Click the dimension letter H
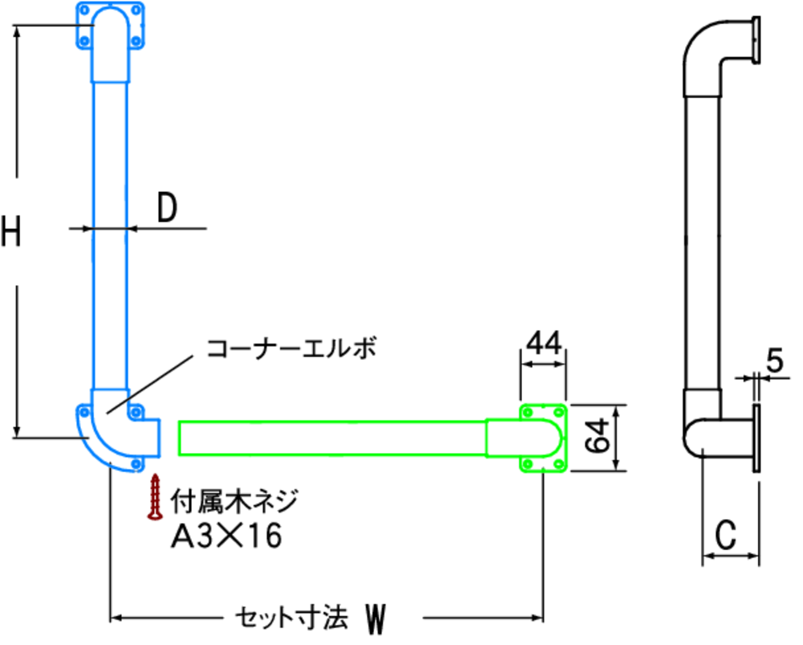click(x=10, y=231)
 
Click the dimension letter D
click(x=167, y=207)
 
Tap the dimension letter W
click(x=375, y=618)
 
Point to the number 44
click(x=544, y=342)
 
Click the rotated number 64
click(x=597, y=435)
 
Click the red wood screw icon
click(x=155, y=496)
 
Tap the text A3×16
click(x=226, y=536)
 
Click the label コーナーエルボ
click(x=291, y=348)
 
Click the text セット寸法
click(x=291, y=618)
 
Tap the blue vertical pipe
click(x=109, y=235)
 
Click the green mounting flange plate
click(x=544, y=438)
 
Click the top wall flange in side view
click(x=756, y=40)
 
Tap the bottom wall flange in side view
click(x=756, y=438)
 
